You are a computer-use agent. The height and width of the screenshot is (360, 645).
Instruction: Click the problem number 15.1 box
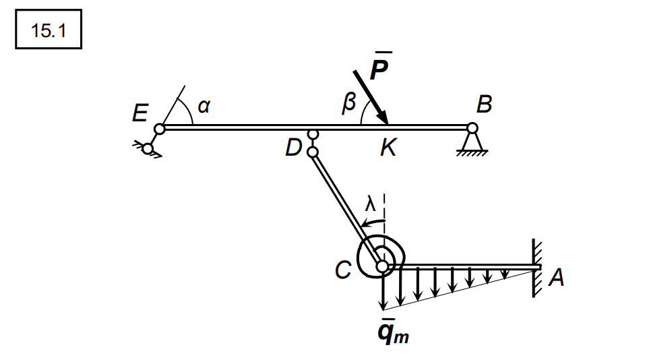pos(49,30)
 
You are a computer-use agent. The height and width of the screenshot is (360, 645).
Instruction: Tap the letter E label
pos(140,113)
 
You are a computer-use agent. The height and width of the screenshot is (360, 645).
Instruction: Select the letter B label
pos(484,104)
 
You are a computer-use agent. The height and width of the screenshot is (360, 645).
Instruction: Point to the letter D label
pos(293,148)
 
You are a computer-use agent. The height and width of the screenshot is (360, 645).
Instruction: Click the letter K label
pos(388,148)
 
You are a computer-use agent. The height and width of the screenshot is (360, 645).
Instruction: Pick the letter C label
pos(344,270)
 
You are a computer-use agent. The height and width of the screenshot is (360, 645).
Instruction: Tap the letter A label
pos(556,277)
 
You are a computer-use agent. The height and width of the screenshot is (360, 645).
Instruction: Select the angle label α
pos(204,105)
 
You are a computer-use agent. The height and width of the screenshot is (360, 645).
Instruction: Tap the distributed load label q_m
pos(394,332)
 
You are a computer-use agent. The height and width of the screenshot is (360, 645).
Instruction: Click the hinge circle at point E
pos(159,129)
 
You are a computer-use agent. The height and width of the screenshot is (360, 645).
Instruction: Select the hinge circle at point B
pos(472,127)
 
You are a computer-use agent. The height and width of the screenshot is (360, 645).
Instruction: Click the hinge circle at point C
pos(382,267)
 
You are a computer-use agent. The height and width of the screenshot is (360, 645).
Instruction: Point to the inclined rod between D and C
pos(346,208)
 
